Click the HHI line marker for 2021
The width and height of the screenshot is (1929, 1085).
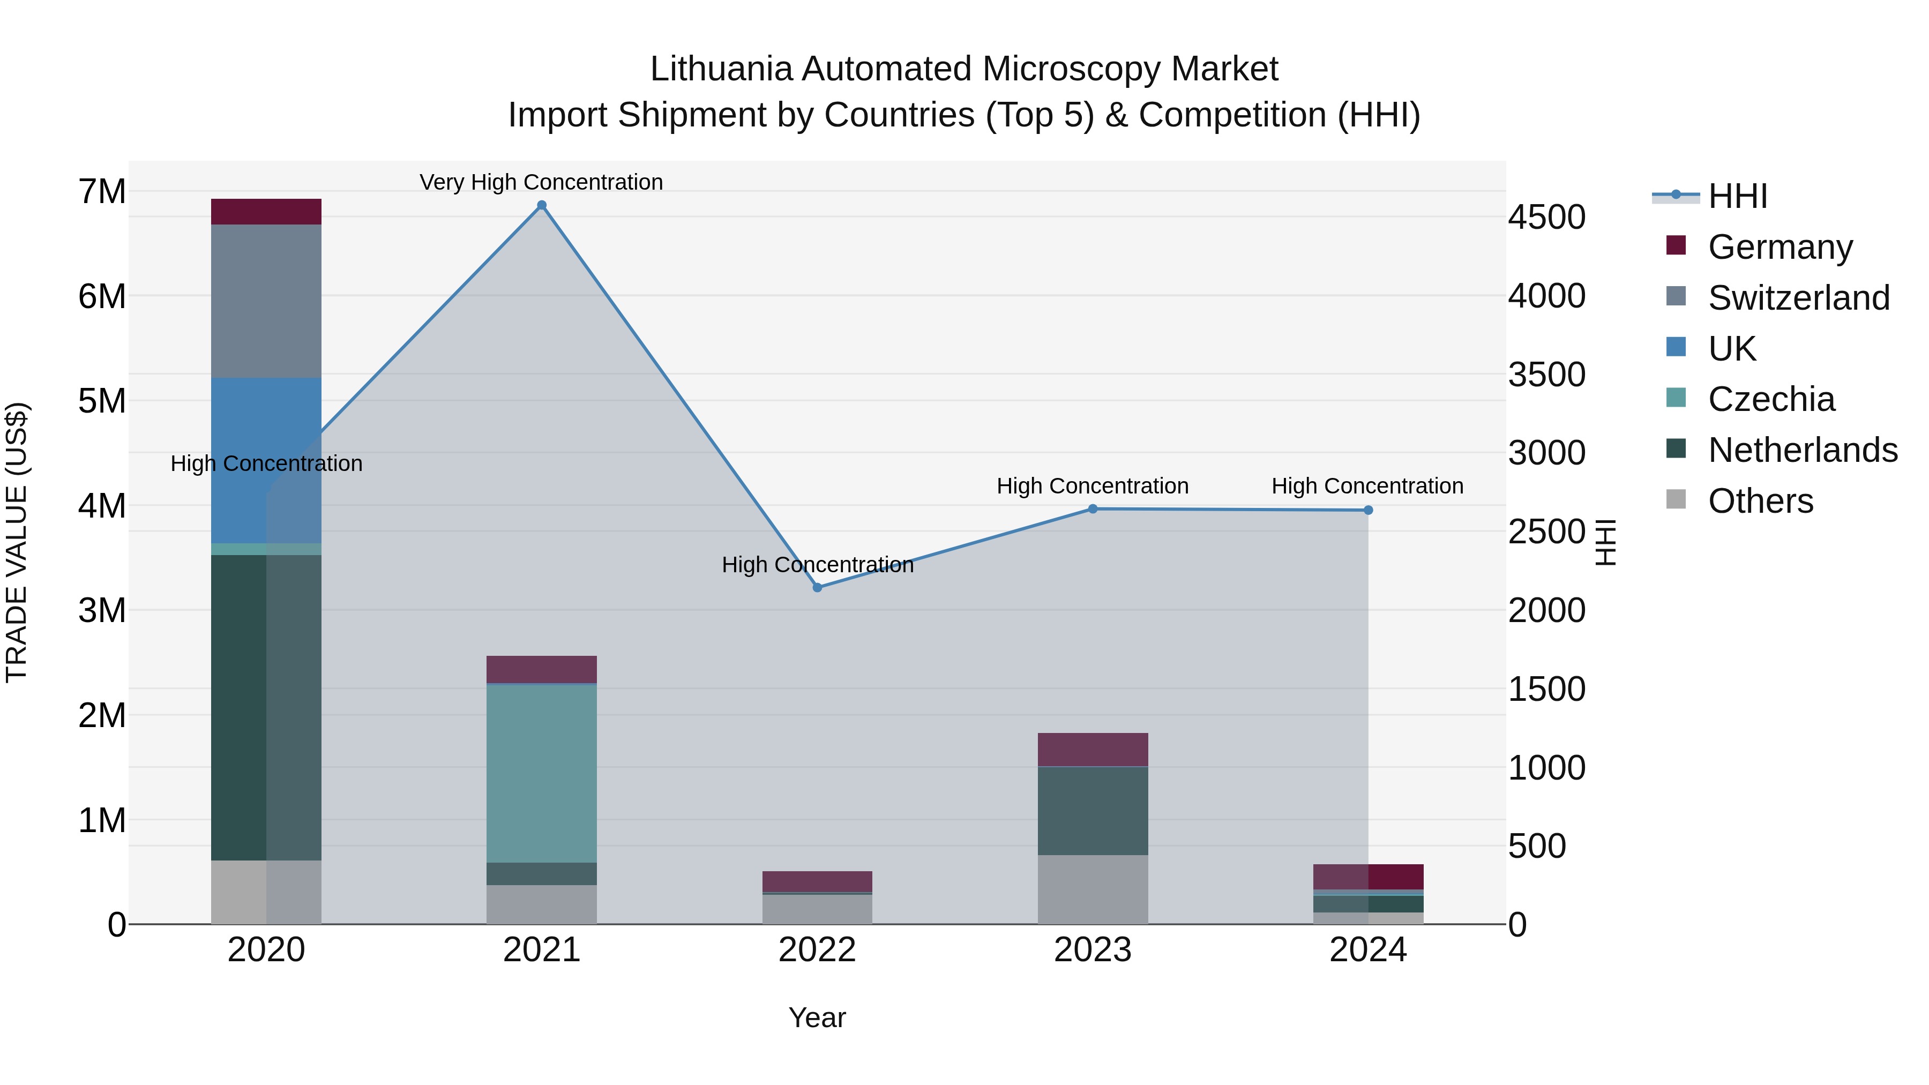(x=541, y=205)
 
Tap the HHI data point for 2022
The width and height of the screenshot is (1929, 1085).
(x=817, y=588)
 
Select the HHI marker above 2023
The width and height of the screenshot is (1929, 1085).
(x=1093, y=509)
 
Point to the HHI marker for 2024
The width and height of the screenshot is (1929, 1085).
(x=1368, y=510)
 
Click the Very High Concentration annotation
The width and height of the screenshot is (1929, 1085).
(x=541, y=182)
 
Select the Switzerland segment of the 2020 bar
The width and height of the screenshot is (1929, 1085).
(x=266, y=301)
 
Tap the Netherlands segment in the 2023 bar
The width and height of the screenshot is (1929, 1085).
(x=1093, y=811)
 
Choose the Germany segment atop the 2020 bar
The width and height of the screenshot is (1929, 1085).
(x=266, y=212)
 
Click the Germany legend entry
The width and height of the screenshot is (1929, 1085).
(x=1780, y=247)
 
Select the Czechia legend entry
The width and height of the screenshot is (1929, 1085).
(x=1771, y=399)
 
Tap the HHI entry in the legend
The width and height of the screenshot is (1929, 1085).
(x=1737, y=196)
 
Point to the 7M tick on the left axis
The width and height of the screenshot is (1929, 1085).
(x=102, y=192)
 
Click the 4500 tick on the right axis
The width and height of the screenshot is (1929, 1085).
(x=1546, y=217)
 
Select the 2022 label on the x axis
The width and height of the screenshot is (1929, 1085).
(x=817, y=950)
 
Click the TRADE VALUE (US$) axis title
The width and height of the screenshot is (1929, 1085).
(x=17, y=542)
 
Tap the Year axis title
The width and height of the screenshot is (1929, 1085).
(x=817, y=1017)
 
